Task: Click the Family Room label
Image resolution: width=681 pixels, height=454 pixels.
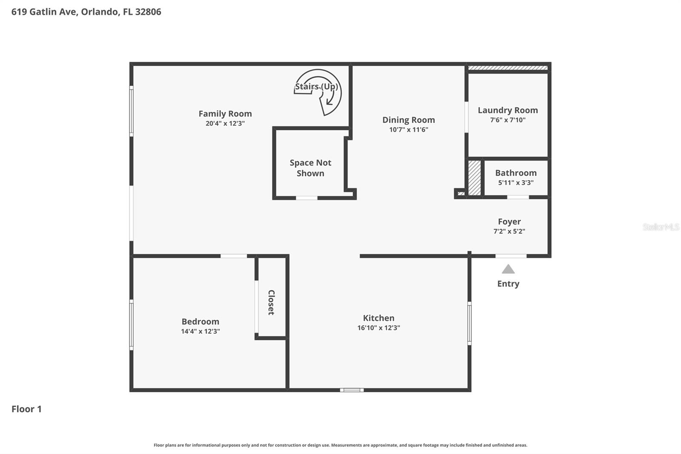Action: tap(225, 114)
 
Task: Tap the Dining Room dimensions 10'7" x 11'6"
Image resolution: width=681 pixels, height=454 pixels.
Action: tap(409, 129)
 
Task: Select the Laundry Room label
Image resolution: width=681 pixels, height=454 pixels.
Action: tap(508, 110)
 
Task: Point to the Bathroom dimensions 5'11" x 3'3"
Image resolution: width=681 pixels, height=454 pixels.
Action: tap(516, 183)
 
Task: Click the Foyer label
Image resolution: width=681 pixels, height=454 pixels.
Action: tap(509, 221)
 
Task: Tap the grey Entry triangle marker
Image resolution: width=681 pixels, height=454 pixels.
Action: tap(508, 269)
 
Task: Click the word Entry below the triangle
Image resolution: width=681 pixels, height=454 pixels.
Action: tap(508, 284)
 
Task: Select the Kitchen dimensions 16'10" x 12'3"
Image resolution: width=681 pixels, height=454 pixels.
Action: tap(379, 328)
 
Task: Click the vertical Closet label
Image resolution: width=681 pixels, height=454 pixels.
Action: tap(271, 302)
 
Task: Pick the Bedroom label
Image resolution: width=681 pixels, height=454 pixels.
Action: tap(200, 322)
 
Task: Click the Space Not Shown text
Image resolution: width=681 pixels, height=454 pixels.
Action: tap(310, 168)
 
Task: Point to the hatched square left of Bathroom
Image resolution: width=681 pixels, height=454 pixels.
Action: tap(475, 178)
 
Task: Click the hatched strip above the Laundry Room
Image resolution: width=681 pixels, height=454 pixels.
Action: tap(507, 68)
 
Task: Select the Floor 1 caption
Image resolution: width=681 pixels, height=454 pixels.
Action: tap(26, 409)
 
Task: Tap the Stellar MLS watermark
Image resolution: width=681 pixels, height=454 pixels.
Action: tap(661, 227)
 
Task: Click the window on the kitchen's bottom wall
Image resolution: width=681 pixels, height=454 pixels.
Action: tap(352, 390)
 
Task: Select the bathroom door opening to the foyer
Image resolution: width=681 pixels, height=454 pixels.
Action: tap(518, 197)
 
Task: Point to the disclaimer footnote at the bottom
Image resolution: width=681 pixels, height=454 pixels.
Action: tap(340, 445)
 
